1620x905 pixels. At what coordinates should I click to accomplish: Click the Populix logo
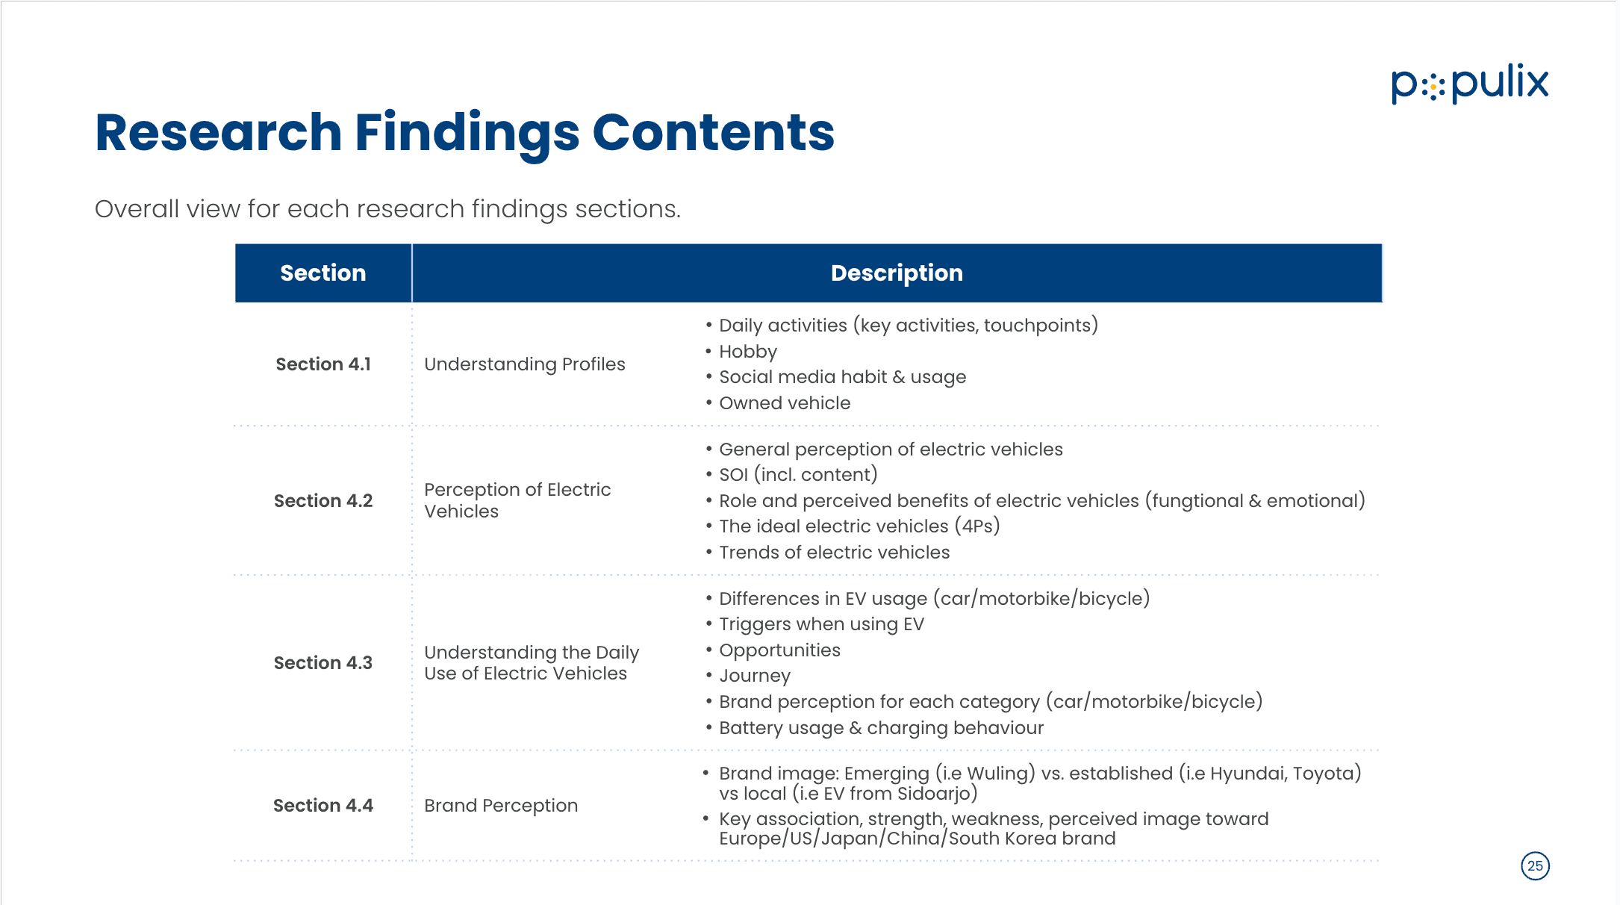click(1469, 83)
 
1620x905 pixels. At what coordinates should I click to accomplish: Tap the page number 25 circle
click(1535, 866)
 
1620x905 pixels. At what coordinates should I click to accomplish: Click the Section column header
click(323, 273)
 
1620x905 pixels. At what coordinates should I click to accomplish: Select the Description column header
click(897, 273)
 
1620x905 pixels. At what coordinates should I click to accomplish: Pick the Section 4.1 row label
click(323, 364)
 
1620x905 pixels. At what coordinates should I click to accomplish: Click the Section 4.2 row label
click(323, 501)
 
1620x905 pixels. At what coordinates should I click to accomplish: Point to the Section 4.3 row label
click(323, 663)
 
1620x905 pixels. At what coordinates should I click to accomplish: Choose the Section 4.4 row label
click(323, 806)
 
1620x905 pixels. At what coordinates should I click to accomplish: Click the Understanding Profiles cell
click(525, 364)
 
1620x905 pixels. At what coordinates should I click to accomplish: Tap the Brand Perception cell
click(501, 806)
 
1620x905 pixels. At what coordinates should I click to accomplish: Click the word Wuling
click(998, 774)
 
